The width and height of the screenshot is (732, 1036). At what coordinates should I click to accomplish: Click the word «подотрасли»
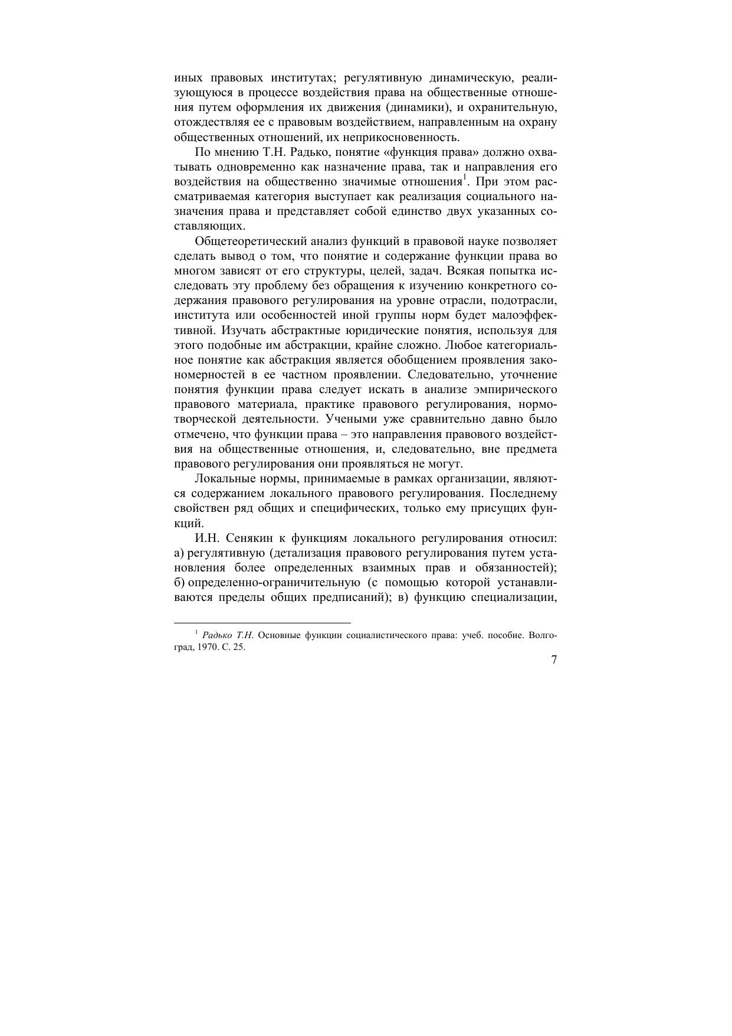pos(524,300)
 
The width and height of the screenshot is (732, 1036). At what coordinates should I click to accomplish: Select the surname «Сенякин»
pos(248,538)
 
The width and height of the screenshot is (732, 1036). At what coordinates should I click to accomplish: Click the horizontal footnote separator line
pos(262,622)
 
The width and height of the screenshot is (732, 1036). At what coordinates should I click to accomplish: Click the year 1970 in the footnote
pos(201,646)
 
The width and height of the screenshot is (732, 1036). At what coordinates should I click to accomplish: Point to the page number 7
pos(554,661)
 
